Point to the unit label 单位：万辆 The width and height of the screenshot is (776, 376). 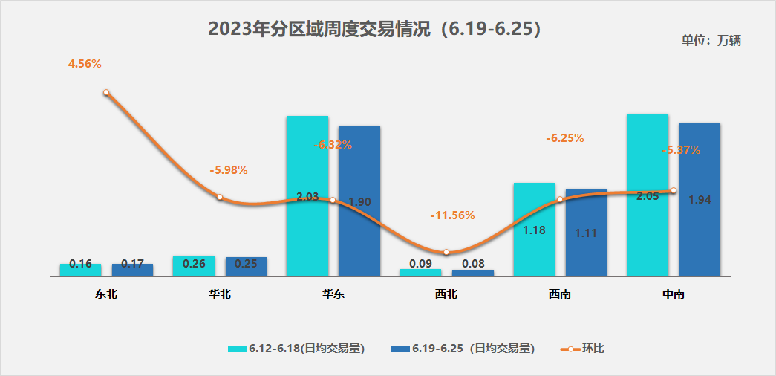tap(711, 41)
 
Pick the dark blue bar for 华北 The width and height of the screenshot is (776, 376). tap(246, 267)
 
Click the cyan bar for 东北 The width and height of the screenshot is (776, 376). tap(80, 270)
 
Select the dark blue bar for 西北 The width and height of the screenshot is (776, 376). tap(473, 273)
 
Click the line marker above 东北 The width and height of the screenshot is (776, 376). tap(106, 93)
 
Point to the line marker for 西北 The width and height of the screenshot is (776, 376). tap(446, 253)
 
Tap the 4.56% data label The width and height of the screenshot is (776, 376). tap(85, 64)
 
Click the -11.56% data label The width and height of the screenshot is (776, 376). tap(452, 215)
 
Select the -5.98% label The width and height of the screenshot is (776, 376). tap(229, 170)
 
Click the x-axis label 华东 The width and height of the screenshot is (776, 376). tap(333, 294)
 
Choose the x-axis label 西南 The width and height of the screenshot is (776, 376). tap(560, 294)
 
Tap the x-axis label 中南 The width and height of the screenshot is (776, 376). tap(673, 294)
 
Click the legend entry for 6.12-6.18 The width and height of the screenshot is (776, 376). tap(296, 349)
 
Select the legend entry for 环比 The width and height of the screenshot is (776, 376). tap(583, 349)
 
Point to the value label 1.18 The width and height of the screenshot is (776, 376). tap(535, 230)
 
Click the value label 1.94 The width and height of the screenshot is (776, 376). tap(700, 200)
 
